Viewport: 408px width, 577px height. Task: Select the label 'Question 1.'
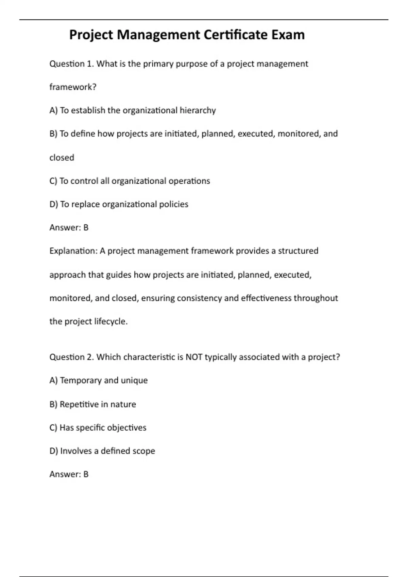tap(72, 64)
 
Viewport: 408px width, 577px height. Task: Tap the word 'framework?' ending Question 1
tap(73, 87)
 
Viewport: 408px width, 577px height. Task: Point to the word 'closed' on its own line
tap(62, 158)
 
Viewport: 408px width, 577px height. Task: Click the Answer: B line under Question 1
tap(69, 228)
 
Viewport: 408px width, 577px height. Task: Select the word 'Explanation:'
tap(73, 251)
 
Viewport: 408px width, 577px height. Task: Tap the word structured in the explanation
tap(298, 251)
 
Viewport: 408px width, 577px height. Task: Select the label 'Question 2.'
tap(72, 357)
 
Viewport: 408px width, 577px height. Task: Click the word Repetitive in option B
tap(79, 404)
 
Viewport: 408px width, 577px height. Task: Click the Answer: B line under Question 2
tap(69, 474)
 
